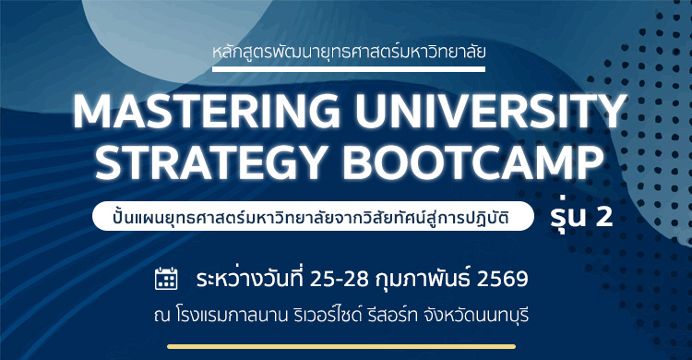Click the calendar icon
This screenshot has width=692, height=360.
[166, 278]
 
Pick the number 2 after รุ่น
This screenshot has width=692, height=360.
[603, 218]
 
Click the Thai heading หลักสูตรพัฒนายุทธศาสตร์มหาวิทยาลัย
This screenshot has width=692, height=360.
[346, 50]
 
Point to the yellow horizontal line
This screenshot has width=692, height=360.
[346, 347]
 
